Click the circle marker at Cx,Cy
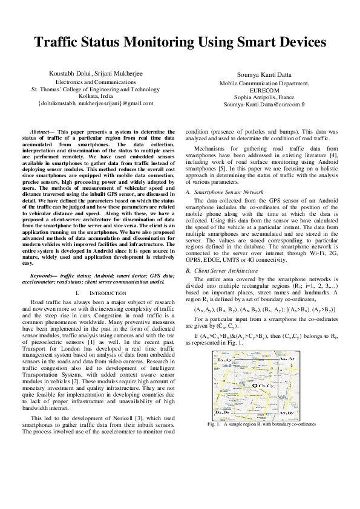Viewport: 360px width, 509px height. pos(255,384)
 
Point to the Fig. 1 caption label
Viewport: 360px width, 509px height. pos(213,424)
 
